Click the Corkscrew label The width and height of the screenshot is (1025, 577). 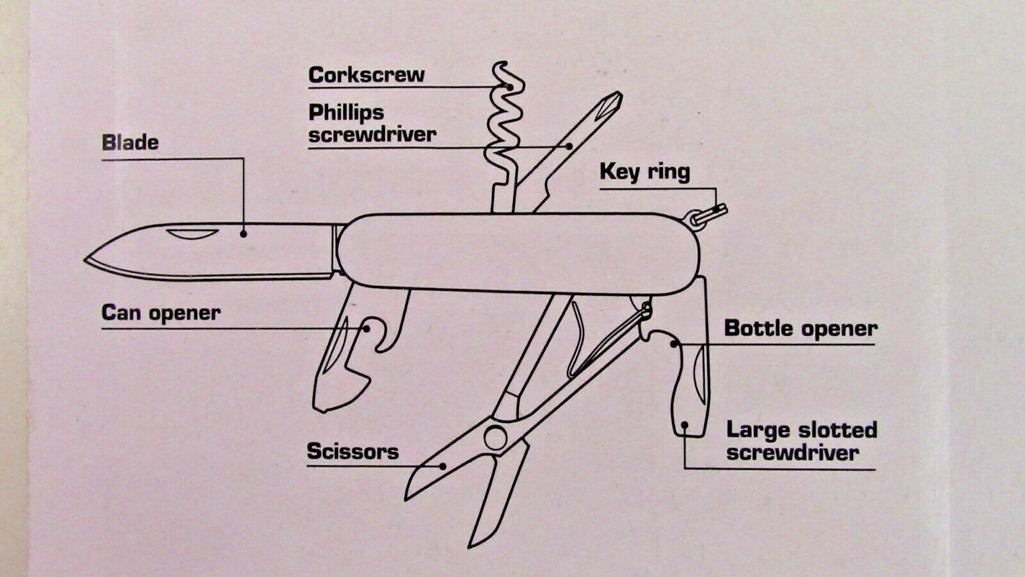[366, 74]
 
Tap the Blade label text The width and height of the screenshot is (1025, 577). [131, 143]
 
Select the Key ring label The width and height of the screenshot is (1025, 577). [644, 172]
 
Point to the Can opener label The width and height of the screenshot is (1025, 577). [161, 314]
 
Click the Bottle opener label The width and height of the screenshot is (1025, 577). [801, 328]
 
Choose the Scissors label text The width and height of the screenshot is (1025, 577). [353, 451]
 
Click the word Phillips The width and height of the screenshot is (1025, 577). [347, 113]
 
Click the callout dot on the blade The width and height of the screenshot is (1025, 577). [243, 234]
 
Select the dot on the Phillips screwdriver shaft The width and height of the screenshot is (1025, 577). [569, 147]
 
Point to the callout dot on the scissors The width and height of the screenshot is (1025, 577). [443, 467]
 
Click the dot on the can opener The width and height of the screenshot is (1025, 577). [366, 328]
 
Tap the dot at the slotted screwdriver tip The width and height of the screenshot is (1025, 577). [685, 425]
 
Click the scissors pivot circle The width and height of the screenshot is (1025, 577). [496, 437]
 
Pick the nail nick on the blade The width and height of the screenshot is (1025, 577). [192, 233]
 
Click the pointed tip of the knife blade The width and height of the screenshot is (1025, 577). [85, 260]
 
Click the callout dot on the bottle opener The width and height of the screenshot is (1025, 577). [674, 344]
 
